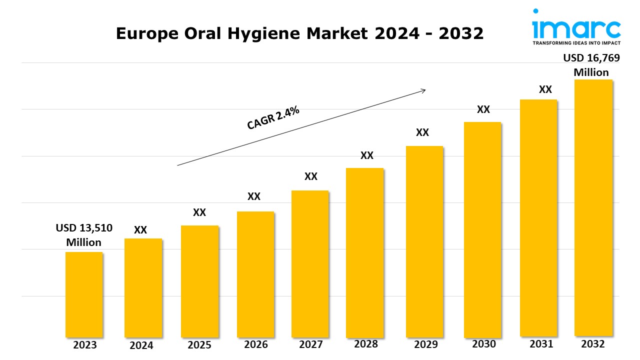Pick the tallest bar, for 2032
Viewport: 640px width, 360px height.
click(x=593, y=207)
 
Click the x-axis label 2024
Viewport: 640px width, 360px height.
click(x=141, y=345)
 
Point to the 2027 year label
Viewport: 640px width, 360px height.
click(x=311, y=344)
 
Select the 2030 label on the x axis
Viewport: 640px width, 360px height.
click(x=483, y=344)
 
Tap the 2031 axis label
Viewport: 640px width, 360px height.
click(x=541, y=344)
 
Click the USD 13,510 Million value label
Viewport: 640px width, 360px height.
click(x=84, y=235)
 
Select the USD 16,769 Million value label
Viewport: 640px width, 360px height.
click(x=591, y=65)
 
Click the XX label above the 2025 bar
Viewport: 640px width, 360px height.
click(x=199, y=212)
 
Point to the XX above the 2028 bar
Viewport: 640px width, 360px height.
click(x=367, y=155)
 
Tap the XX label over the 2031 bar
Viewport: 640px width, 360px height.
click(x=545, y=89)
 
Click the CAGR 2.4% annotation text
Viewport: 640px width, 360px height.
click(x=273, y=118)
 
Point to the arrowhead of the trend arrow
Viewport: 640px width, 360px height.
click(x=423, y=90)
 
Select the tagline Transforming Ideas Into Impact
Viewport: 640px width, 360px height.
click(x=576, y=43)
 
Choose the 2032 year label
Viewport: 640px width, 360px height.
click(x=593, y=344)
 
